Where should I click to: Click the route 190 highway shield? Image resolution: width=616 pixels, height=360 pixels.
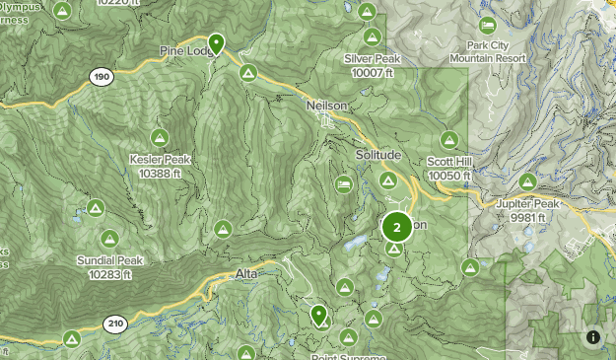[100, 76]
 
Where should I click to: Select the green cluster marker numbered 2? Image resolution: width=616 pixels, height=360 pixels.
[396, 228]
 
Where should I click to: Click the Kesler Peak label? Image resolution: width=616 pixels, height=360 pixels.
[160, 166]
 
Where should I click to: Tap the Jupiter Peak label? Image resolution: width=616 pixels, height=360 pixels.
[527, 210]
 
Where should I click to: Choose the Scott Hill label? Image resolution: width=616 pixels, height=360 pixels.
[450, 169]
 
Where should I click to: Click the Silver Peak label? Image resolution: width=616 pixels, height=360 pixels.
[372, 65]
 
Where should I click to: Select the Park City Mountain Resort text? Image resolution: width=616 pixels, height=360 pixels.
[485, 52]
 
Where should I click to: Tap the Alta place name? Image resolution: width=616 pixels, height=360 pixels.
[247, 273]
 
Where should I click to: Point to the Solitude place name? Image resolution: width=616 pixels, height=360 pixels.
[377, 156]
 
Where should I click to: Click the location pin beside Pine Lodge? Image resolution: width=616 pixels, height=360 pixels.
[216, 42]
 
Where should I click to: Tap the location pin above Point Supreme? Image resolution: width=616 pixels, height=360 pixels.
[318, 315]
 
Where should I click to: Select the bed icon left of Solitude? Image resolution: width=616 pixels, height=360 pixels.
[343, 184]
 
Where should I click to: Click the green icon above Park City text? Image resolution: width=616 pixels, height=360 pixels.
[487, 26]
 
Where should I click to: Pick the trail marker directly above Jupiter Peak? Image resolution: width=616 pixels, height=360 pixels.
[527, 182]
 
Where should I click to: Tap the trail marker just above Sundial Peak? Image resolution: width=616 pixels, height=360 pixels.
[109, 238]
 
